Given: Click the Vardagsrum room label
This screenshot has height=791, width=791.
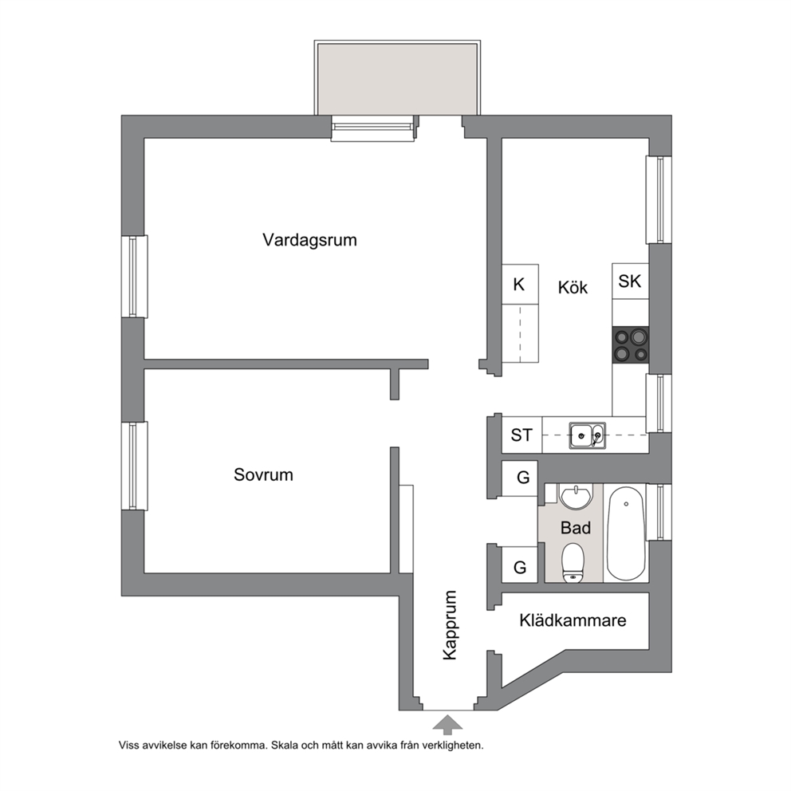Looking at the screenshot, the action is click(309, 240).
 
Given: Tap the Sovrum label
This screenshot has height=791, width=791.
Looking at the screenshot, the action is click(263, 474).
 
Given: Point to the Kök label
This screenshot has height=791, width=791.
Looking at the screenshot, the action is click(573, 287).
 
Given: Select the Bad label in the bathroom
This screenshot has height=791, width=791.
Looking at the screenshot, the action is click(576, 528).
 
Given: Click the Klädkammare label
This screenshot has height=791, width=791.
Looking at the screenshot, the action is click(573, 620).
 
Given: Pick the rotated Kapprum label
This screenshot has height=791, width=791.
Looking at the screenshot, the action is click(449, 625).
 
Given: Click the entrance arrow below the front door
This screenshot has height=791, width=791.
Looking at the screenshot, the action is click(447, 724).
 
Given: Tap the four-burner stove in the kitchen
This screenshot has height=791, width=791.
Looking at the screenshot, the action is click(630, 344).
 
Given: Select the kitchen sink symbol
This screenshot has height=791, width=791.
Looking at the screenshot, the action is click(588, 435).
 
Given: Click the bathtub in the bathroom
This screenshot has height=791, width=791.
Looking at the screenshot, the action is click(625, 533).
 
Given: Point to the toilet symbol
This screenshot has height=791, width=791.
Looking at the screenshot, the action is click(573, 562).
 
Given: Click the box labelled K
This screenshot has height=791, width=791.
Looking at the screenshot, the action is click(520, 284).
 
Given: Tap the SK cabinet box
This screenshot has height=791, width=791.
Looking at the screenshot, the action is click(630, 281).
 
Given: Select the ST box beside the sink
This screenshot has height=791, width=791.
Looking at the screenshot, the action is click(521, 435).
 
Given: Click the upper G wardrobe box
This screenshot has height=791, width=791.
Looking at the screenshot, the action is click(520, 478).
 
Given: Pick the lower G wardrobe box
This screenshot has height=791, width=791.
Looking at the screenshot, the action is click(520, 565).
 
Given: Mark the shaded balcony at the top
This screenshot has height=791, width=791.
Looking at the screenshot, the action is click(397, 78).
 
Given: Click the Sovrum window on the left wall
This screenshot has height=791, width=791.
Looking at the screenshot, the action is click(134, 466).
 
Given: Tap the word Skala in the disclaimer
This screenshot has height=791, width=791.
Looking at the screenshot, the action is click(284, 745).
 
